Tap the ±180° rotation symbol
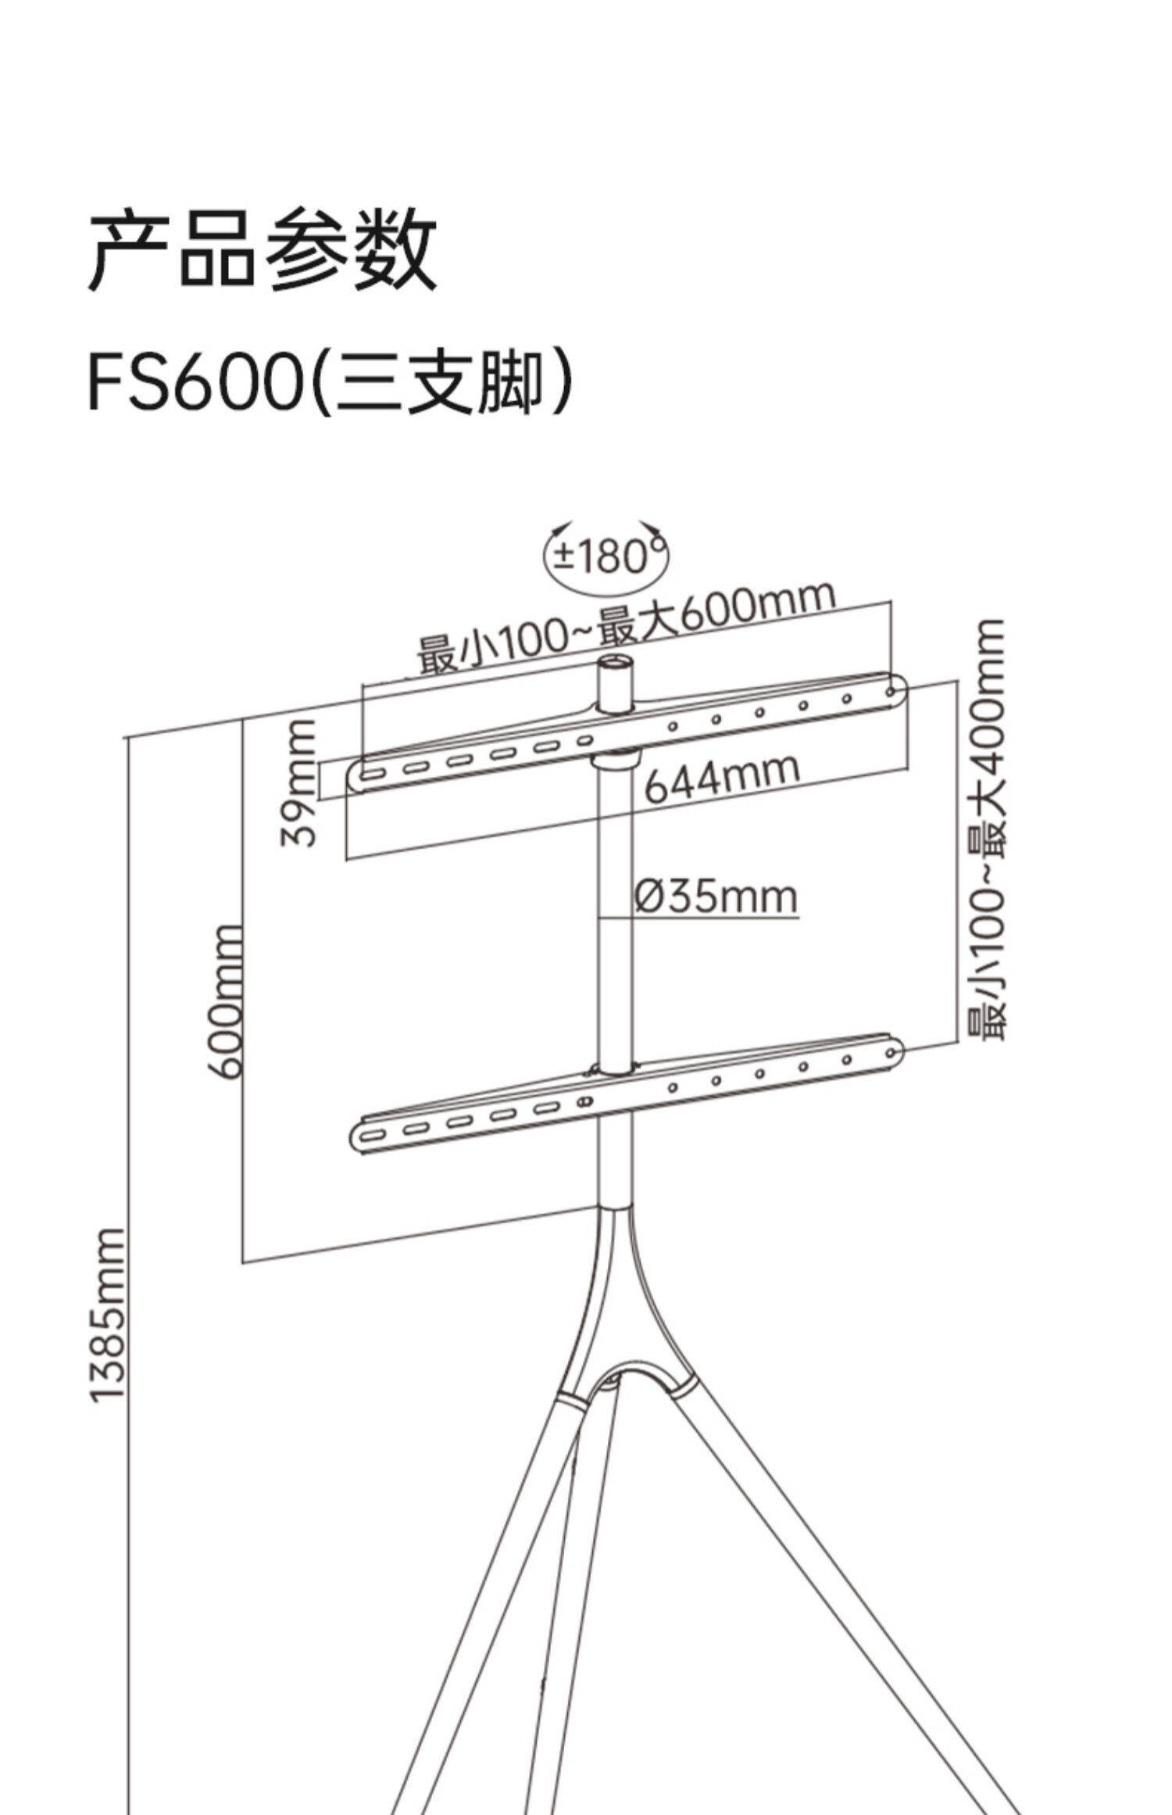tap(606, 556)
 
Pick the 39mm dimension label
tap(300, 782)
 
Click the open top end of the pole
tap(616, 666)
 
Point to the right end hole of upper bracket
tap(891, 691)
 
